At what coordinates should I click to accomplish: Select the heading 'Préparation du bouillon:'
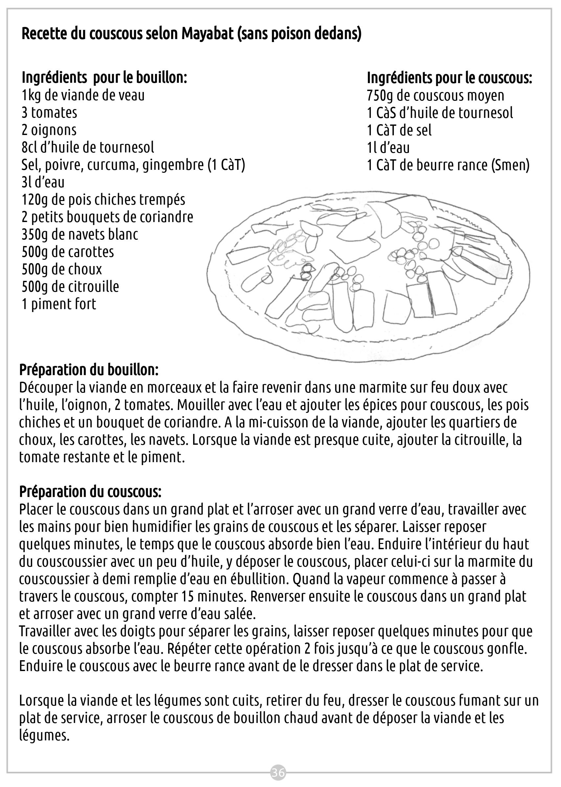89,370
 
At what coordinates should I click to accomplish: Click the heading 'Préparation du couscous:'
90,492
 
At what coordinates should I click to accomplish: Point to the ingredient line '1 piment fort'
59,304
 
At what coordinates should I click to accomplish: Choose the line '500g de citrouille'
70,287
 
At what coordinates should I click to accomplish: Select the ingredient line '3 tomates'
49,113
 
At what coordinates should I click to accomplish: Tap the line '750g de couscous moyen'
435,95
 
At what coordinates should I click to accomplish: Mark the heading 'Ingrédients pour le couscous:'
449,78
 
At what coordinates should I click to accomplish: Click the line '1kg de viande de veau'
83,95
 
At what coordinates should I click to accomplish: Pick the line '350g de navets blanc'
80,235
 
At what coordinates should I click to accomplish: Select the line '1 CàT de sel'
399,130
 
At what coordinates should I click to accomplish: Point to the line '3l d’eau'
43,182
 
